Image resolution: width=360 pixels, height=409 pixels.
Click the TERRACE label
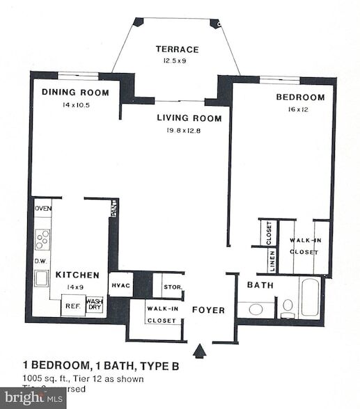click(x=177, y=49)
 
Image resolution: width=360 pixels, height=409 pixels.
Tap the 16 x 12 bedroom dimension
click(x=300, y=109)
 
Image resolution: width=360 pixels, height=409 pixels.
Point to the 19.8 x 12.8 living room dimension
click(x=189, y=130)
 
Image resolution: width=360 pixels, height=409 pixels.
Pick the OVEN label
click(x=42, y=208)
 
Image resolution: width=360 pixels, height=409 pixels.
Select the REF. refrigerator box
click(x=72, y=305)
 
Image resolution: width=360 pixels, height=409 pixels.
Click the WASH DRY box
click(x=95, y=305)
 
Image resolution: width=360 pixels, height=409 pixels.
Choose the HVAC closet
click(x=120, y=286)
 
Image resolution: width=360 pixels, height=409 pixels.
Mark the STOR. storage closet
click(x=172, y=287)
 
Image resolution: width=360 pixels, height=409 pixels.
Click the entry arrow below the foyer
click(x=200, y=351)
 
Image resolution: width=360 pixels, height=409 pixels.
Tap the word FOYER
click(x=208, y=310)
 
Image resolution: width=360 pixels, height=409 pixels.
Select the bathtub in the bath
click(x=309, y=298)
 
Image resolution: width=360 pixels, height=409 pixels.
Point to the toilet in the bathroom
click(x=288, y=306)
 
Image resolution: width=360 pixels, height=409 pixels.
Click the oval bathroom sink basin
click(x=256, y=308)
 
